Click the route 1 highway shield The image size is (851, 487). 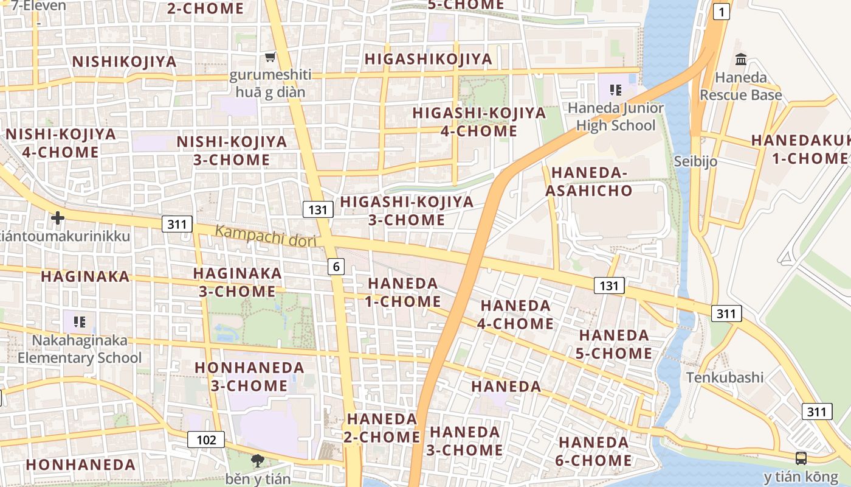tap(721, 12)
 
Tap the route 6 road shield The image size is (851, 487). tap(336, 266)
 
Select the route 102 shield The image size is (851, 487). tap(206, 439)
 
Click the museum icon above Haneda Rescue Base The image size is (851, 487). tap(740, 60)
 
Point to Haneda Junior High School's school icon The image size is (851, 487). tap(615, 90)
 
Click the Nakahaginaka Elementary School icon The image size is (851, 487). tap(79, 321)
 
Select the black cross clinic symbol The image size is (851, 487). tap(58, 217)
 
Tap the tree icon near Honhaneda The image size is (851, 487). tap(258, 460)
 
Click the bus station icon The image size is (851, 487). tap(801, 458)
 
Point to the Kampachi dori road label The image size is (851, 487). tap(266, 236)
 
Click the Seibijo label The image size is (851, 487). tap(695, 161)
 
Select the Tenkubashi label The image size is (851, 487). tap(725, 377)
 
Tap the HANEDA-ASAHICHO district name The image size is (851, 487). tap(588, 181)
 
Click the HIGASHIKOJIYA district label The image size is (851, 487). tap(428, 59)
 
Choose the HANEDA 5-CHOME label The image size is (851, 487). tap(615, 344)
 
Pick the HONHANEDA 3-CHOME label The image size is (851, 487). tap(249, 376)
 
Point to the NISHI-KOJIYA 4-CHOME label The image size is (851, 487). tap(61, 143)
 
